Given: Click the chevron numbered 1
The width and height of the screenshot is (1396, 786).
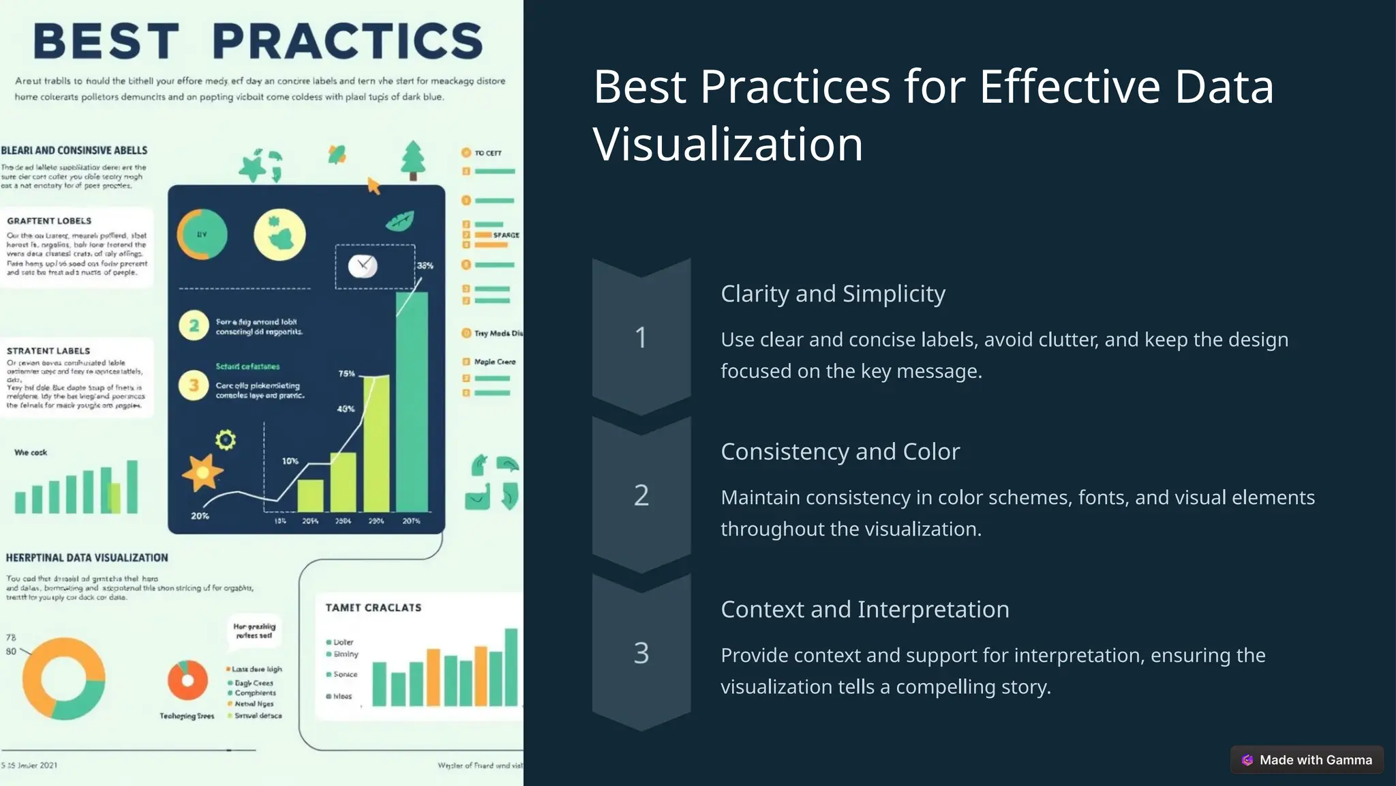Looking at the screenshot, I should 641,337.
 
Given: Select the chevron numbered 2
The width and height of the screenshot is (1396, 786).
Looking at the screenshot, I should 641,495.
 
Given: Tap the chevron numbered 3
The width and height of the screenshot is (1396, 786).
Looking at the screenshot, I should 641,653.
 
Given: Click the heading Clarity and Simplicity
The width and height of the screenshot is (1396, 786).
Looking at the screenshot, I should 832,293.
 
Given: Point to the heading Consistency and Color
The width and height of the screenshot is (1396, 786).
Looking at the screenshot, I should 840,452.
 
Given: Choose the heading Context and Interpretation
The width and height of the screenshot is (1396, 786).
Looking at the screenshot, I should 864,609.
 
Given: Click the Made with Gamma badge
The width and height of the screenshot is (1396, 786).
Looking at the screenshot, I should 1307,760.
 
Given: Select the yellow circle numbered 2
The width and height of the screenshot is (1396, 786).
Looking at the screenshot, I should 194,325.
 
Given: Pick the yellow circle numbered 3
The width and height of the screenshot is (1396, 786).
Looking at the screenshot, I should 194,385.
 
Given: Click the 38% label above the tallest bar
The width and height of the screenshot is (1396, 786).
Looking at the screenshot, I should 425,265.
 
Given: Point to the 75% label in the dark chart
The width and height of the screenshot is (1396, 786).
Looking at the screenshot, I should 347,374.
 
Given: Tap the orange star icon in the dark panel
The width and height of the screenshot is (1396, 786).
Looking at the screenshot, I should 202,471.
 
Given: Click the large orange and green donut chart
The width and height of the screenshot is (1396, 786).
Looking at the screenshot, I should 63,679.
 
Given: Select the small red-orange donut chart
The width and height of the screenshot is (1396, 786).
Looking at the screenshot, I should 187,680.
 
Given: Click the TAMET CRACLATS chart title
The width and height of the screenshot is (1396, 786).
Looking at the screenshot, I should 373,608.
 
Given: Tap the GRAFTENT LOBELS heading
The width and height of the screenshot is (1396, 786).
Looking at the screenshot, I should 49,221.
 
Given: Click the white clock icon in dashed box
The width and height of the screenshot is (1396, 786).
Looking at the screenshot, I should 363,265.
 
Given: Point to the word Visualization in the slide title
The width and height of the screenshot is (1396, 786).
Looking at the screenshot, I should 727,144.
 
